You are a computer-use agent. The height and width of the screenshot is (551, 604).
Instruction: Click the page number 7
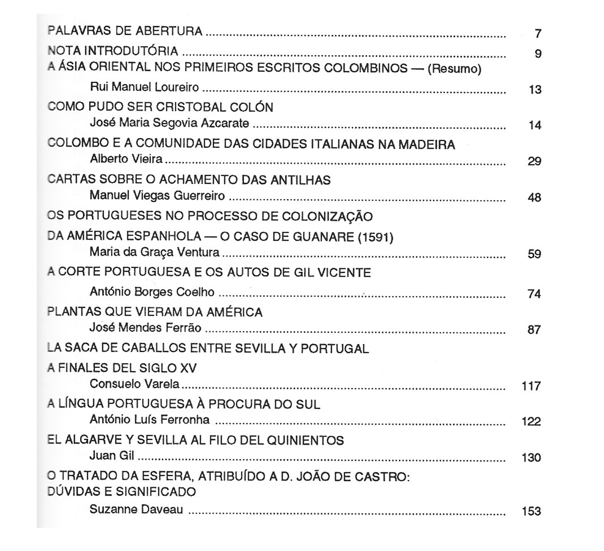538,34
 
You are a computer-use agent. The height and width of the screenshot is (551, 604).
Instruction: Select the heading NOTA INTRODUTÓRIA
113,51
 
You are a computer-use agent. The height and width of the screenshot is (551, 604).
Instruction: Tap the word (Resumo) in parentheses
454,69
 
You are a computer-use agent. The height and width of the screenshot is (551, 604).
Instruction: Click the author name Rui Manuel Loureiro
144,87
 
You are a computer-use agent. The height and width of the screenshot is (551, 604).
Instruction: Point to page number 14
535,126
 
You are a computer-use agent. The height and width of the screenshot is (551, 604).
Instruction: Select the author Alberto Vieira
126,159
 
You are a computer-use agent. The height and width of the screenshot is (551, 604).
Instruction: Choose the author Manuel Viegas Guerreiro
157,196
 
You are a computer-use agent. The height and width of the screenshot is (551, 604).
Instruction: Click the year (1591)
375,237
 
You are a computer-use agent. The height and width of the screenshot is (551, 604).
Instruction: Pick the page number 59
534,254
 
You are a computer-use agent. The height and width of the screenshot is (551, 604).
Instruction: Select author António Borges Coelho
152,292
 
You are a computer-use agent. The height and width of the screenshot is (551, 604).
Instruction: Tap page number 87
534,330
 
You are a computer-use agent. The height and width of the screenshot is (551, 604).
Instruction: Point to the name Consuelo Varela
134,384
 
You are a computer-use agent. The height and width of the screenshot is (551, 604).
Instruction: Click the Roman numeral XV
188,368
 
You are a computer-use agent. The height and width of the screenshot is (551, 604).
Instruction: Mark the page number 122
531,422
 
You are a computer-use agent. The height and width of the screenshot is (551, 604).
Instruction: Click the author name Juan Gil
112,456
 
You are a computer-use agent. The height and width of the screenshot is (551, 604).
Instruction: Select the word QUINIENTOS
305,441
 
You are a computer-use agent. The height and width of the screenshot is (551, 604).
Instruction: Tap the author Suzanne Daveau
136,510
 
